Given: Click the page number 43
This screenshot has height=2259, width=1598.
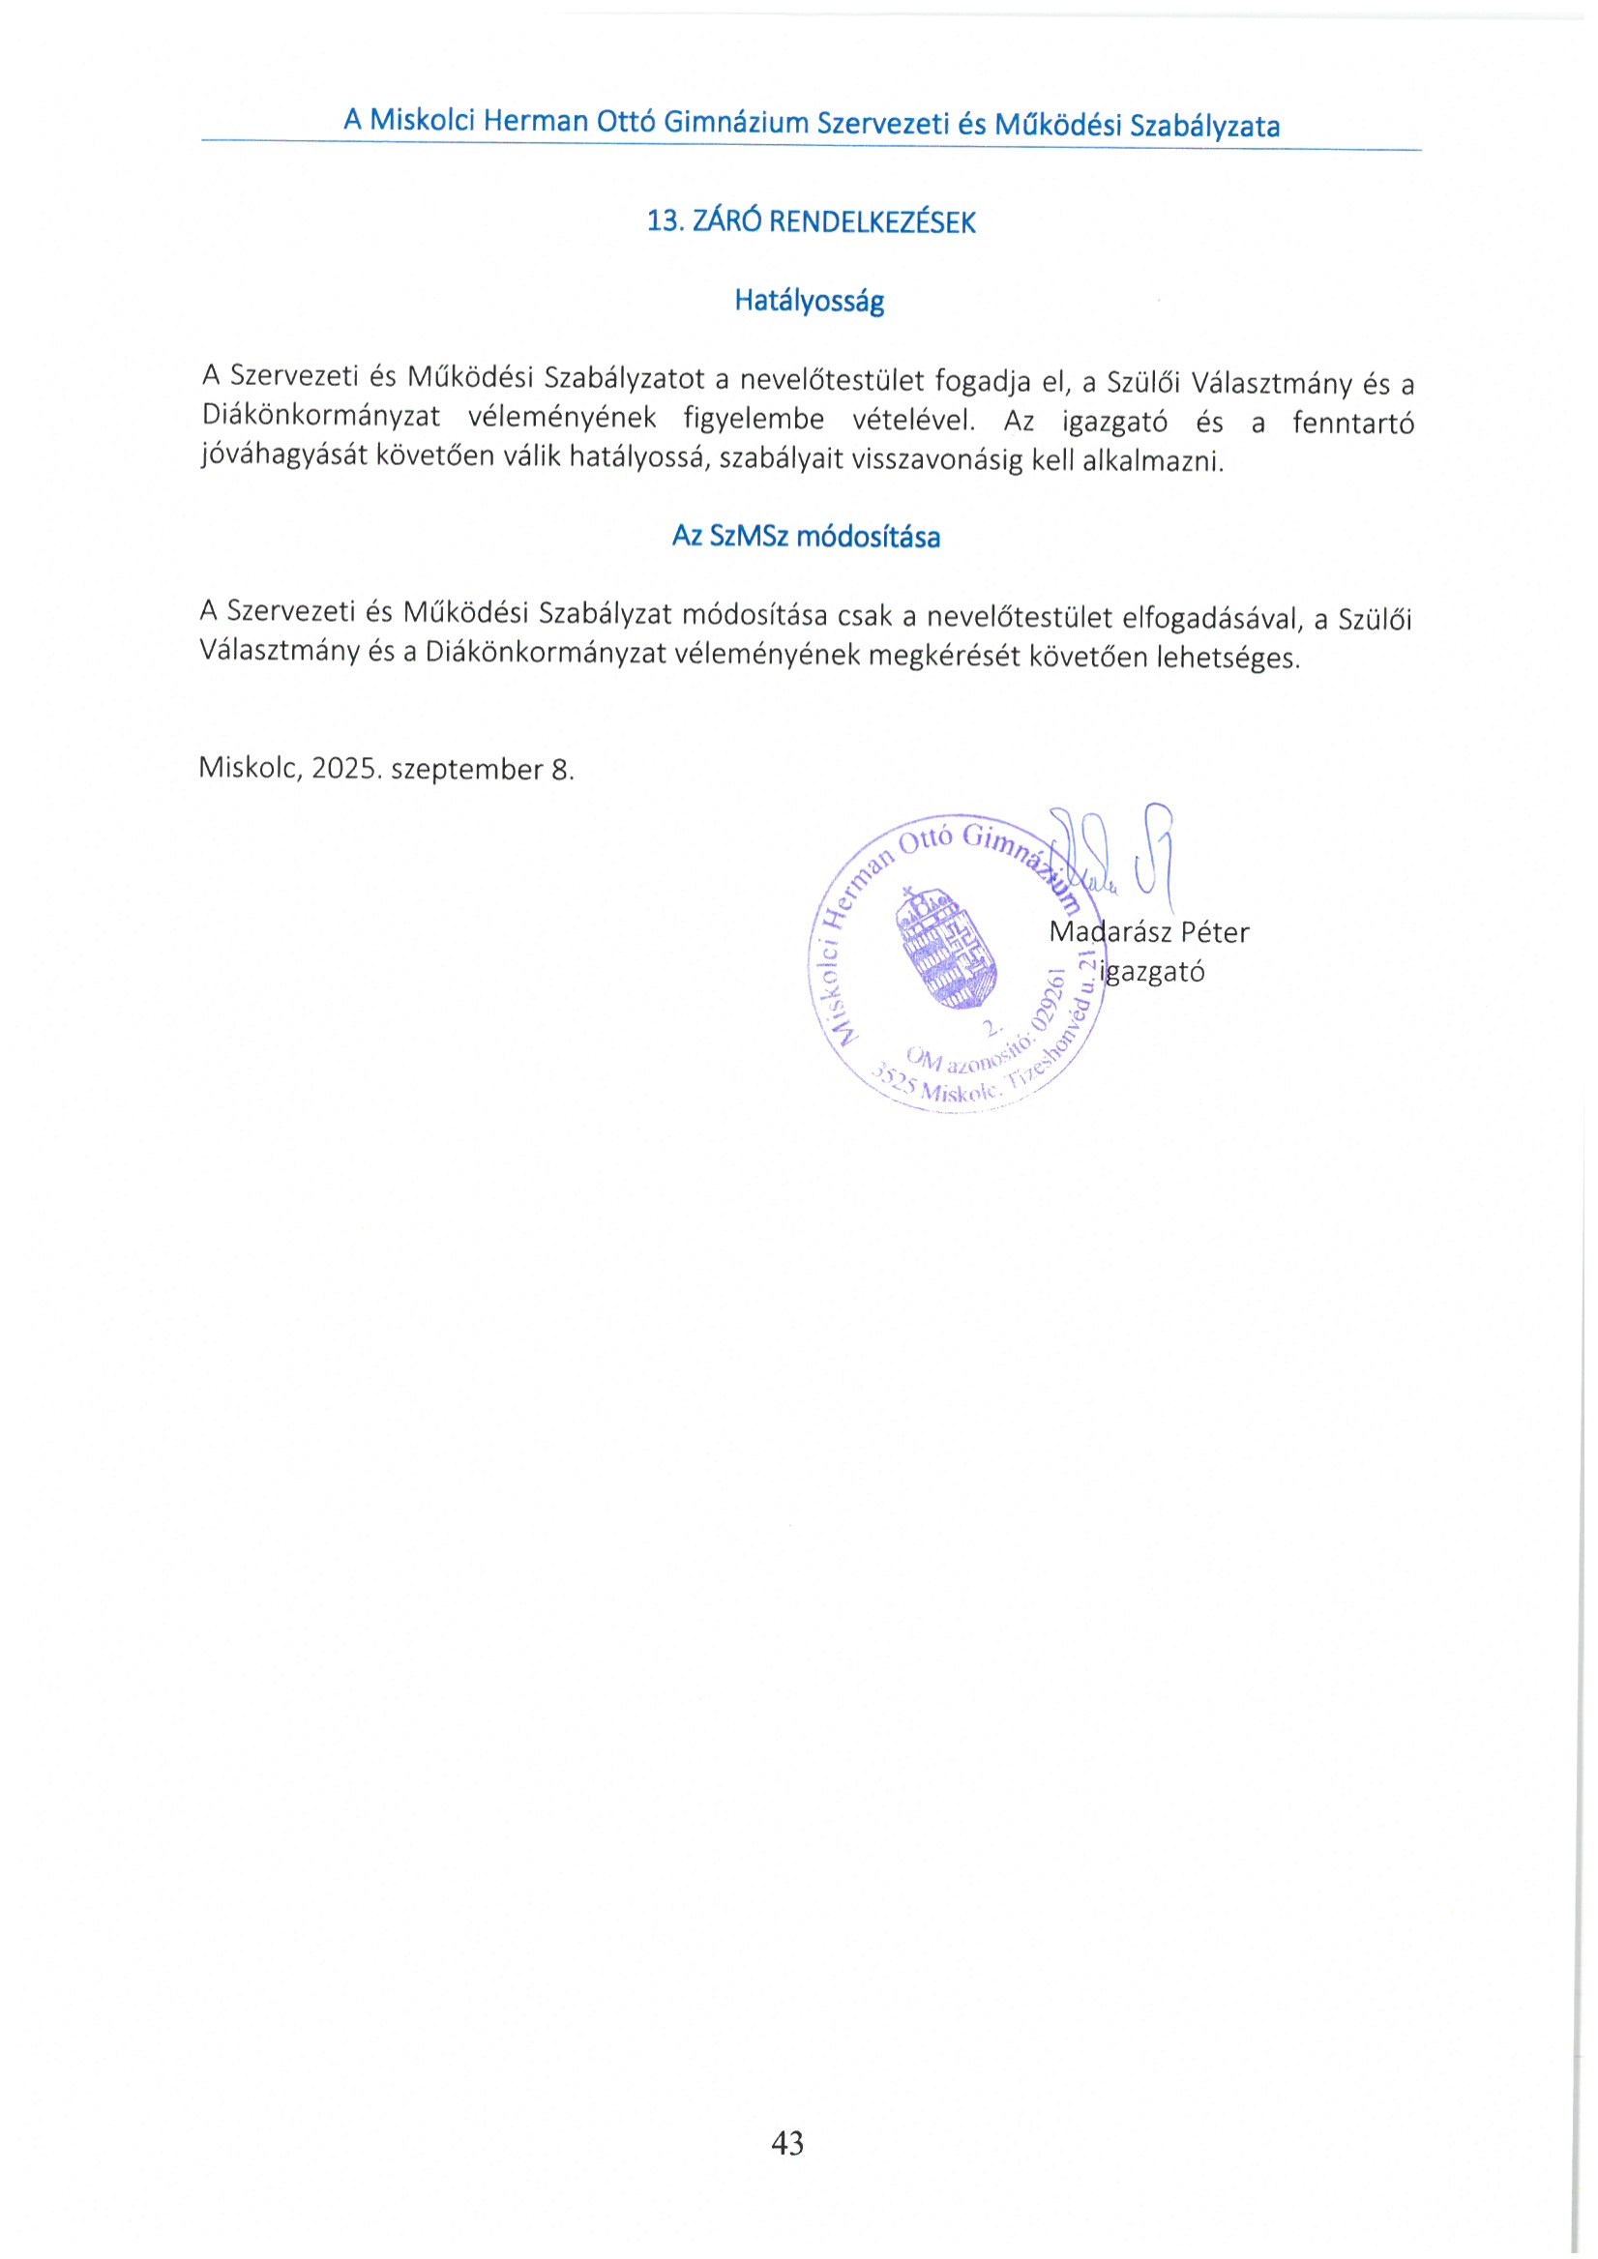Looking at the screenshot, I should click(x=788, y=2142).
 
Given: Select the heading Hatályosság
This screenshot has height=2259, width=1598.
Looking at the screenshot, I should click(x=809, y=301).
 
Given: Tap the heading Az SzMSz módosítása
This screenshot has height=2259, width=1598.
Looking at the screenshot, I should click(x=806, y=538).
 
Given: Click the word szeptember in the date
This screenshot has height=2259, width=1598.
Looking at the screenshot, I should click(x=466, y=771).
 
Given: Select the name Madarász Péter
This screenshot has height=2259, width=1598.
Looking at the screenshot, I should click(x=1148, y=931).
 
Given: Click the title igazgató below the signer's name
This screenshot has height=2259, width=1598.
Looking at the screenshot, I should click(x=1153, y=972).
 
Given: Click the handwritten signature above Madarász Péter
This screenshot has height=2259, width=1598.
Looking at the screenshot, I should click(x=1111, y=856).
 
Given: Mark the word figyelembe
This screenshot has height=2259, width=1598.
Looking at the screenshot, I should click(x=754, y=420).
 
